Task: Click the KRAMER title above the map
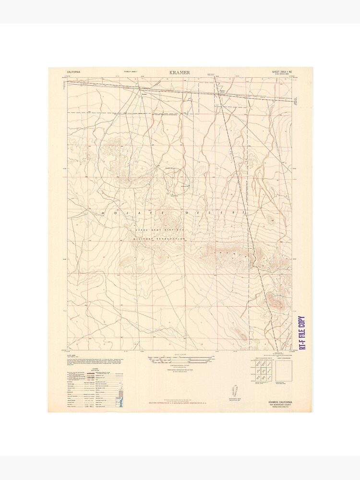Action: [180, 72]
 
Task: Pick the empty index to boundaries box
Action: [285, 370]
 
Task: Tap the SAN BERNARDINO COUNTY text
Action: [282, 405]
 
